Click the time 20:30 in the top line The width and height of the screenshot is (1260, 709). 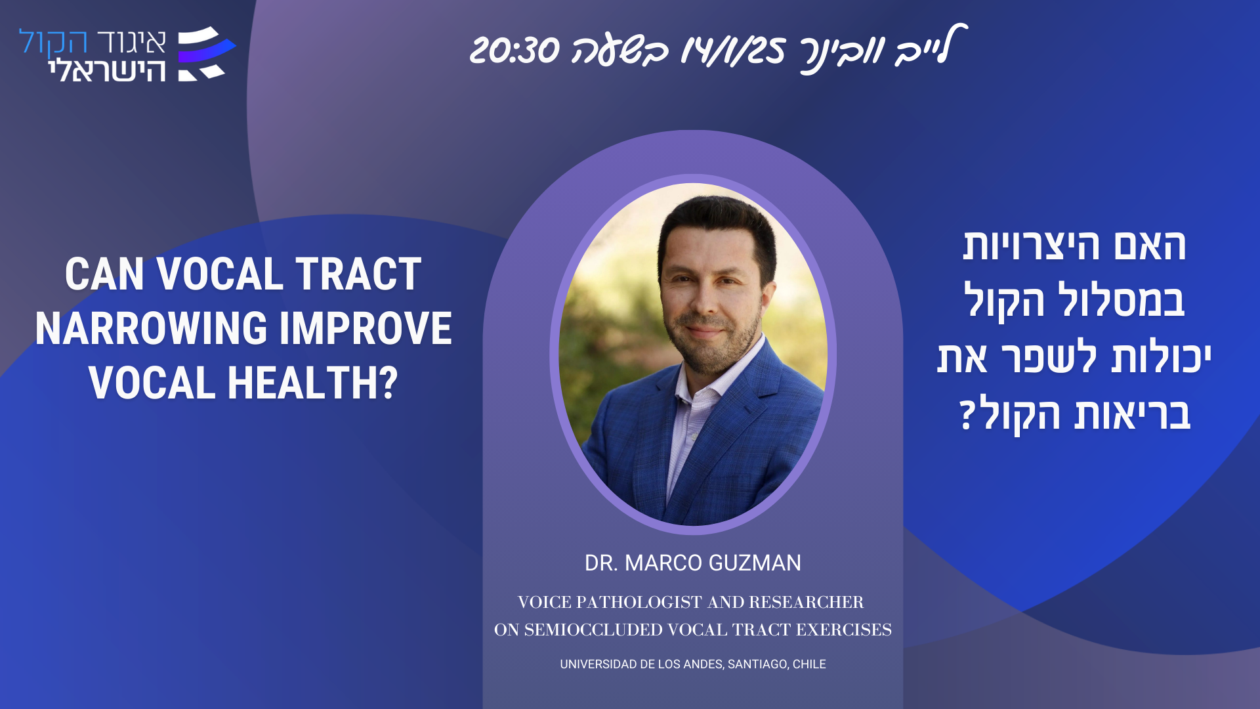[x=514, y=50]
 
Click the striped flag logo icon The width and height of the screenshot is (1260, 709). [x=206, y=54]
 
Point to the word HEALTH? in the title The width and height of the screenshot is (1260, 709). [x=313, y=383]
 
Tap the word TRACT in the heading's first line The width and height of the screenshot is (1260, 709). [x=358, y=274]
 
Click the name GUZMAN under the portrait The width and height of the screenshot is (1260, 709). [x=755, y=563]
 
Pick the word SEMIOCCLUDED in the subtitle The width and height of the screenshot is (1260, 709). [x=593, y=630]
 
